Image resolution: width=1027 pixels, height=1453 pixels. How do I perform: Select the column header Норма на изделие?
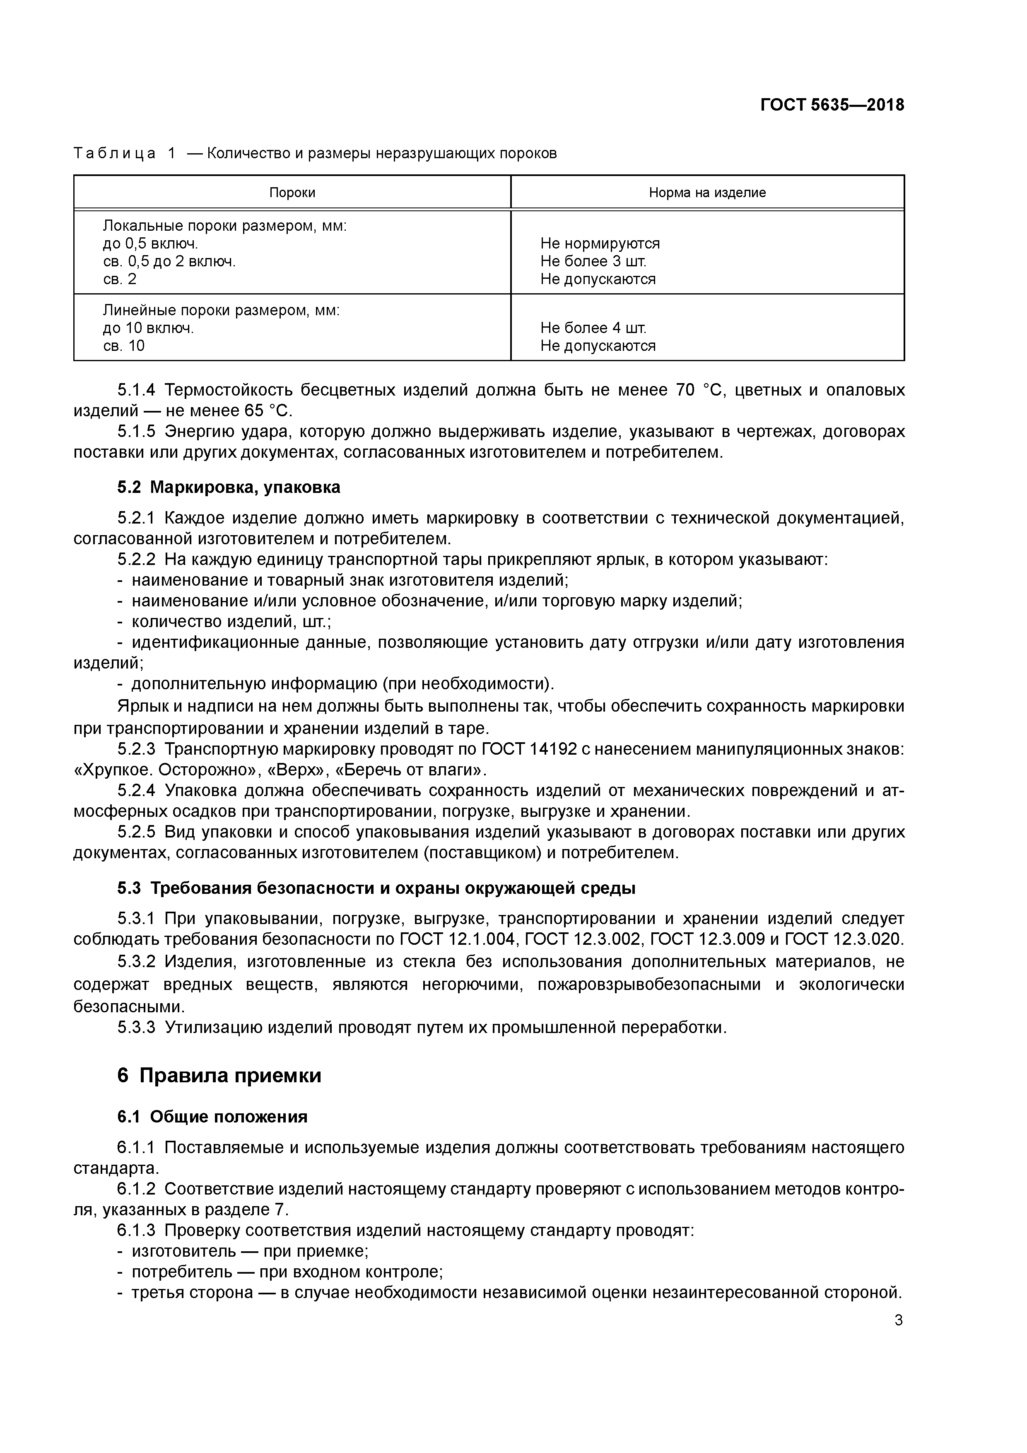tap(707, 192)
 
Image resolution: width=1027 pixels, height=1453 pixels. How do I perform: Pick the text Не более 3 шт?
tap(593, 261)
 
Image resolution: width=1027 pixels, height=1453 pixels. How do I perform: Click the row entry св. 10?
tap(124, 345)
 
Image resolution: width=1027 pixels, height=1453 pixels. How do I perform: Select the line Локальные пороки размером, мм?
tap(224, 226)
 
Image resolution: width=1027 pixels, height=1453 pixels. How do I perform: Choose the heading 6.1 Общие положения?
tap(212, 1117)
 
